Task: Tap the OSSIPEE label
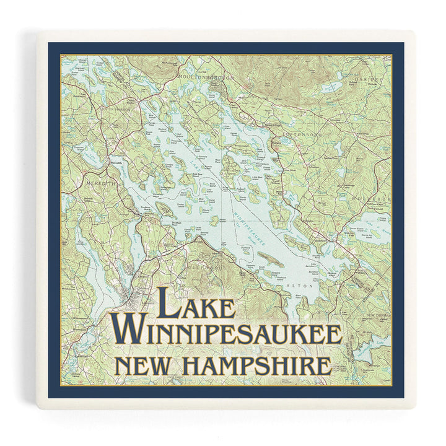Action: point(370,81)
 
